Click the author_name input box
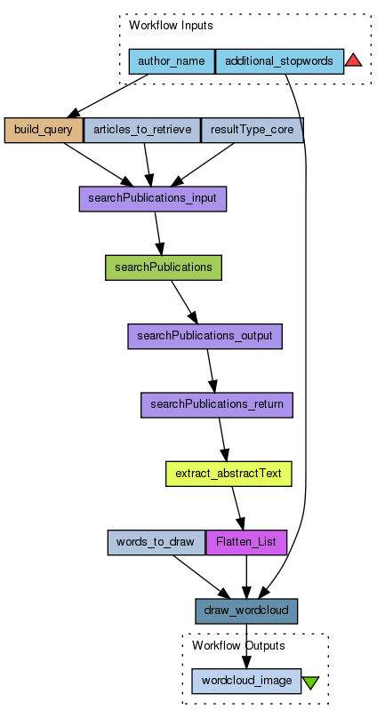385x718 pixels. tap(172, 61)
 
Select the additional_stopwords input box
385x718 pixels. tap(279, 61)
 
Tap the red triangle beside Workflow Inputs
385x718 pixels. tap(353, 60)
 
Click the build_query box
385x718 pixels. tap(44, 130)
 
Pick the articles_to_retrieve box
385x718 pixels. tap(142, 130)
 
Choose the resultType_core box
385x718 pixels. tap(253, 130)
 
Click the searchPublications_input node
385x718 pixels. tap(153, 199)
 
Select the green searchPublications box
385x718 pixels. tap(164, 267)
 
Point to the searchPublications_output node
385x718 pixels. tap(205, 336)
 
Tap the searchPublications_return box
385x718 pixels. tap(217, 405)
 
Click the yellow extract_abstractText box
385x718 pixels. tap(229, 474)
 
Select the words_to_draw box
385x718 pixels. tap(156, 542)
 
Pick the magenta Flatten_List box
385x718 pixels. tap(246, 542)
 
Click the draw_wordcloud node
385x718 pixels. tap(246, 610)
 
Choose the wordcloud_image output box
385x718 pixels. tap(246, 681)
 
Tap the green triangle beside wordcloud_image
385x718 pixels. tap(310, 682)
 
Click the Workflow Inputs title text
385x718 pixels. tap(171, 26)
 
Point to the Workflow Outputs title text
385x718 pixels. tap(238, 646)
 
